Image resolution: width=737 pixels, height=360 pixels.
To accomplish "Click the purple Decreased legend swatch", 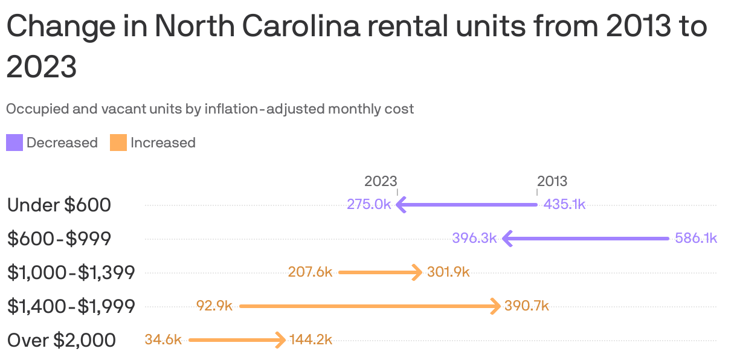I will click(14, 143).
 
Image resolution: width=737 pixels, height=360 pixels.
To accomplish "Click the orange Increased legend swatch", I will click(118, 143).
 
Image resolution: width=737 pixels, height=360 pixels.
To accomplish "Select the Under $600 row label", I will click(59, 205).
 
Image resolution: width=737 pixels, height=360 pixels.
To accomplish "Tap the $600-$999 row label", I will click(59, 239).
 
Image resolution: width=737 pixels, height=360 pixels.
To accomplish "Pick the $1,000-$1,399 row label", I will click(71, 272).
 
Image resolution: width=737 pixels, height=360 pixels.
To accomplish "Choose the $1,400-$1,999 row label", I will click(71, 306).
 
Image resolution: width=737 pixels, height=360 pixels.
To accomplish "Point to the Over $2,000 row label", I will click(62, 340).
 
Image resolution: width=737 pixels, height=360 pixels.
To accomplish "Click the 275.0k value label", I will click(368, 204).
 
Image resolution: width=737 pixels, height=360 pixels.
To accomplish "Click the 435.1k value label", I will click(564, 204).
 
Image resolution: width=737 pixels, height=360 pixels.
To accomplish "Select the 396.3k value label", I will click(474, 238).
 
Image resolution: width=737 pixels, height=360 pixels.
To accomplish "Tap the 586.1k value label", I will click(695, 238).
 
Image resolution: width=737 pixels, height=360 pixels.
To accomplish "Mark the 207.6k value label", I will click(311, 272).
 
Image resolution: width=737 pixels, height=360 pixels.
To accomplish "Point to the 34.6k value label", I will click(163, 339).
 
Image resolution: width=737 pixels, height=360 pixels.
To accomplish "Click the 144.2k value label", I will click(311, 339).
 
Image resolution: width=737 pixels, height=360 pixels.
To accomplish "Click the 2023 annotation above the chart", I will click(381, 181).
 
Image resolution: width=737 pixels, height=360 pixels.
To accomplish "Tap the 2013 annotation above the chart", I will click(552, 181).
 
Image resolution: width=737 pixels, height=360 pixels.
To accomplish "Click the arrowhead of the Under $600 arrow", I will click(400, 205).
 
